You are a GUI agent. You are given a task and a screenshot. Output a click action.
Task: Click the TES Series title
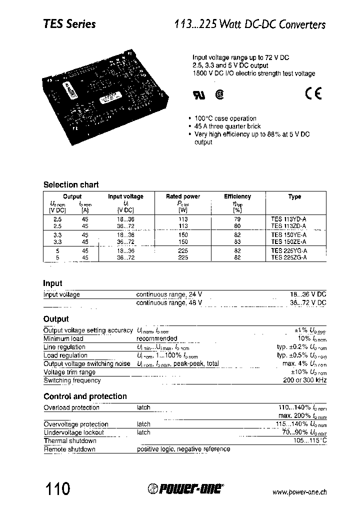[69, 24]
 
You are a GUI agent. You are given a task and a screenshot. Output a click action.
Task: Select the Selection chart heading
[71, 184]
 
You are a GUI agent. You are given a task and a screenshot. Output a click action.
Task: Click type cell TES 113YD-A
[289, 219]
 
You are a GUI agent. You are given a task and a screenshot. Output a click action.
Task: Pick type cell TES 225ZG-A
[289, 257]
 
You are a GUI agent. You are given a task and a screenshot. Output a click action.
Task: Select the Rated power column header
[183, 196]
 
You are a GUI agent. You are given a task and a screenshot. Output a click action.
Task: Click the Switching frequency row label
[72, 380]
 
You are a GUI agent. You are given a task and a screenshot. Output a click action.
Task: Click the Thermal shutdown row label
[70, 441]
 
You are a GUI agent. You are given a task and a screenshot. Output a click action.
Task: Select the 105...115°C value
[310, 441]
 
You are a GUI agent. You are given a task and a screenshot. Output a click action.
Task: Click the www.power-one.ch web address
[299, 492]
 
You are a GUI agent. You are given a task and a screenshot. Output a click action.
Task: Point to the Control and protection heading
[85, 396]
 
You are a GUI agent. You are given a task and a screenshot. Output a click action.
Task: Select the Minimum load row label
[63, 339]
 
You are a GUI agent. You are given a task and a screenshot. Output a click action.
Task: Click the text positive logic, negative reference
[183, 449]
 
